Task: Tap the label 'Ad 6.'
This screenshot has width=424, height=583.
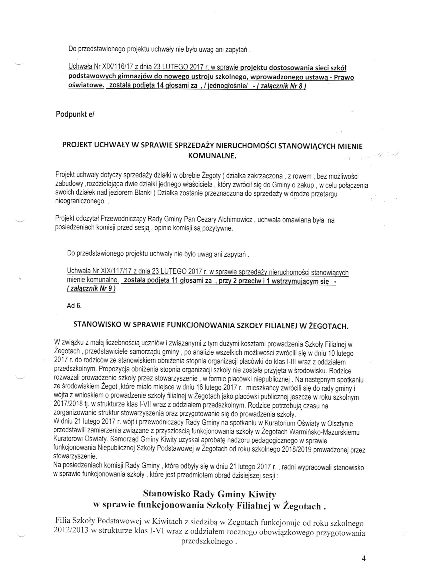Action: (74, 306)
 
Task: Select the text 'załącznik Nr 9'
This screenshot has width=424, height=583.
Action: (91, 289)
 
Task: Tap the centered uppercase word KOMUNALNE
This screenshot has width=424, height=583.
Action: (212, 156)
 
